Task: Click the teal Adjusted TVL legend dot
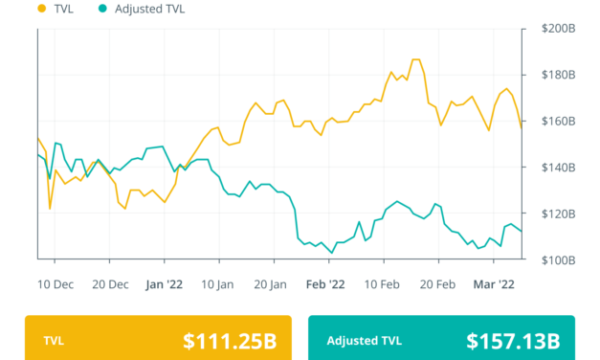coord(102,9)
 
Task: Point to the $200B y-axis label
coord(552,29)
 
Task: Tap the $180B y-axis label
coord(552,75)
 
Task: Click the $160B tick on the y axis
coord(552,122)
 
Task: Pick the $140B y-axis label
coord(552,168)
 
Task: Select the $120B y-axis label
coord(552,214)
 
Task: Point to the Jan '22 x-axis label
coord(164,283)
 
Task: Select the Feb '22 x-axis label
coord(325,283)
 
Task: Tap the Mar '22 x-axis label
coord(493,283)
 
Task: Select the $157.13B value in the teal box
coord(513,341)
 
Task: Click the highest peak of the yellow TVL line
coord(414,59)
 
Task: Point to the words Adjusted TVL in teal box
coord(365,341)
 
